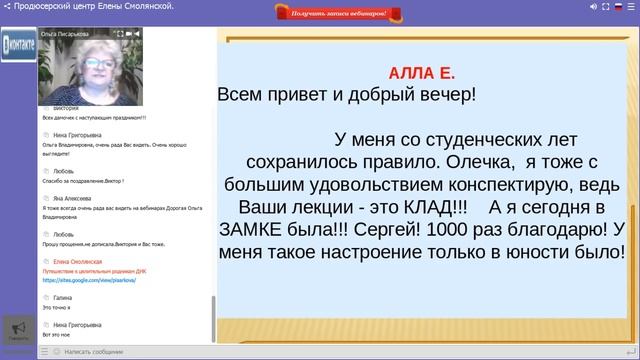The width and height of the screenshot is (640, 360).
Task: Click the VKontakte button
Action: click(19, 45)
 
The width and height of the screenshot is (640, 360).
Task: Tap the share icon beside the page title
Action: click(7, 7)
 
